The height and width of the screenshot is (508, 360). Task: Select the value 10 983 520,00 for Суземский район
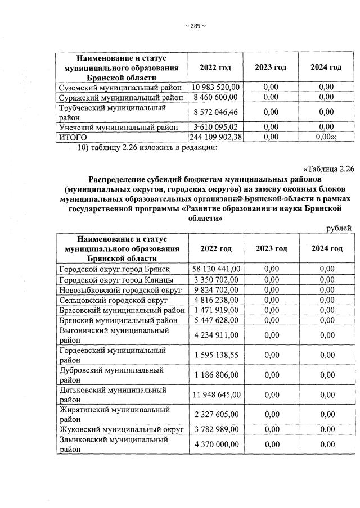point(216,87)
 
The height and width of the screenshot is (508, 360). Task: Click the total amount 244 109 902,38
point(217,137)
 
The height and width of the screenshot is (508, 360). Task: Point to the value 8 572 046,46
point(216,112)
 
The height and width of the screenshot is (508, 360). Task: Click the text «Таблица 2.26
point(328,169)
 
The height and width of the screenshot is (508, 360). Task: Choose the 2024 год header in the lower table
point(327,248)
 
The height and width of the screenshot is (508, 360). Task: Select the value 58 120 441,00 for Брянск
point(217,269)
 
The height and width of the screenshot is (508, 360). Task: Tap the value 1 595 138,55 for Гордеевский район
point(217,355)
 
